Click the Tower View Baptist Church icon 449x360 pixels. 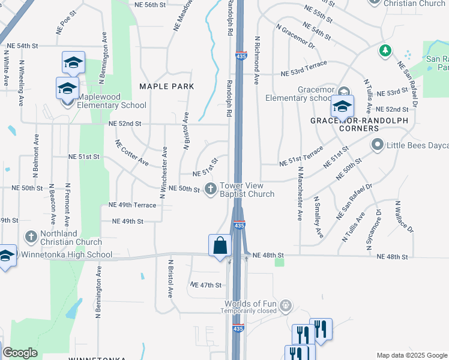[210, 190]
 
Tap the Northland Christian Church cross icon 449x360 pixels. [31, 238]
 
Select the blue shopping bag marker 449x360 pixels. [220, 245]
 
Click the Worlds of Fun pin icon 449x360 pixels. [286, 306]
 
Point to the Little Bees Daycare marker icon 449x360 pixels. [378, 145]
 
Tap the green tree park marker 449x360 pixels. [385, 50]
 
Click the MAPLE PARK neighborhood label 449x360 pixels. [166, 86]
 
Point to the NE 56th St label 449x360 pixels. [150, 5]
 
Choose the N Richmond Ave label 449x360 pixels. [257, 60]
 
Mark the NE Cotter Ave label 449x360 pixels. [132, 152]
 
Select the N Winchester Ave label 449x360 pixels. [163, 172]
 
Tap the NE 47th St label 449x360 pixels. [206, 285]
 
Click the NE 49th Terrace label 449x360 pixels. [132, 205]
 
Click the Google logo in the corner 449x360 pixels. [20, 353]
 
